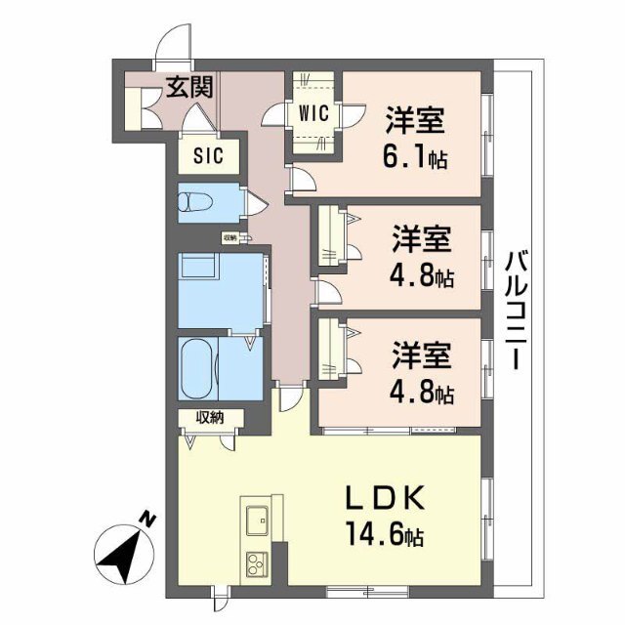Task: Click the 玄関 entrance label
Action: [x=188, y=87]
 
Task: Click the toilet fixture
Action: [x=194, y=204]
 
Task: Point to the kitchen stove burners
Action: [x=257, y=563]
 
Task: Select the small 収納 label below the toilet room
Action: [x=230, y=237]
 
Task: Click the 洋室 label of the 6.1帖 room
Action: [x=415, y=121]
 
